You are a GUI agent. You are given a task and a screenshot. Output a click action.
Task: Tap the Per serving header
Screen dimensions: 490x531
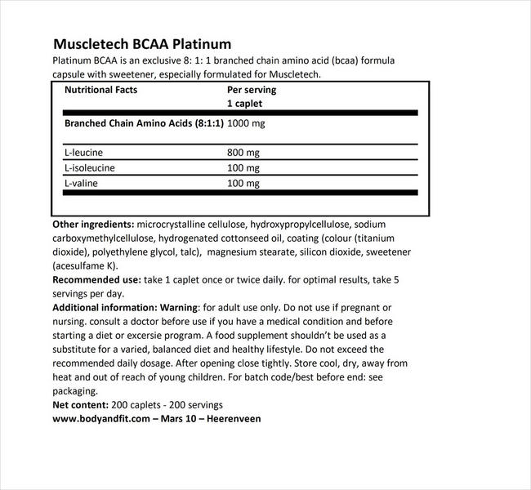pyautogui.click(x=251, y=90)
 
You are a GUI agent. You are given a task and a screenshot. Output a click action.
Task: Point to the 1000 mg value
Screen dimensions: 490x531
pyautogui.click(x=246, y=123)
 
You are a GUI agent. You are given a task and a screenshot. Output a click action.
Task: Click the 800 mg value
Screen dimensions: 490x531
pyautogui.click(x=243, y=152)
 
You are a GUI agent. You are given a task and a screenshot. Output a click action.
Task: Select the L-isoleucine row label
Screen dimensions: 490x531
pyautogui.click(x=91, y=167)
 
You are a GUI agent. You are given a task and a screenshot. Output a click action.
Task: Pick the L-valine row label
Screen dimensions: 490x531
pyautogui.click(x=83, y=184)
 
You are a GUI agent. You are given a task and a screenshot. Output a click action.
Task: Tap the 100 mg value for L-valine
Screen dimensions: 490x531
pyautogui.click(x=243, y=184)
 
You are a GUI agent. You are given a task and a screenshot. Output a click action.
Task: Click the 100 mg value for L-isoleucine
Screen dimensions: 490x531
pyautogui.click(x=243, y=167)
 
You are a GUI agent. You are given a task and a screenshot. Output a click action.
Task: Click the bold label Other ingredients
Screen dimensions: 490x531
pyautogui.click(x=93, y=224)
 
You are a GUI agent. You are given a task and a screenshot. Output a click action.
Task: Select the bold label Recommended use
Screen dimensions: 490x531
pyautogui.click(x=96, y=279)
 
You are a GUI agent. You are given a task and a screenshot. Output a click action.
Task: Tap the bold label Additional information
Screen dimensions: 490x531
pyautogui.click(x=103, y=308)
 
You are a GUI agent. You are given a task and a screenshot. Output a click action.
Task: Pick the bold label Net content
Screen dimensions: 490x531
pyautogui.click(x=78, y=404)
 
